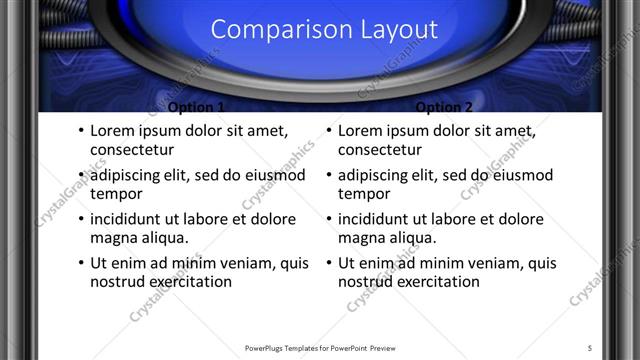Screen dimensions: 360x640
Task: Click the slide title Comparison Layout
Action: tap(324, 29)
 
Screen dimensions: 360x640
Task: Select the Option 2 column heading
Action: tap(443, 107)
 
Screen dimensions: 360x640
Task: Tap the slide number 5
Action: tap(590, 348)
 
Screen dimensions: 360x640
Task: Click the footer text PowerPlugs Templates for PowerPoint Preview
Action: tap(320, 348)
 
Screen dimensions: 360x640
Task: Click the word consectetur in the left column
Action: tap(132, 150)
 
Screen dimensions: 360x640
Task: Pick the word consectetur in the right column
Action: tap(380, 150)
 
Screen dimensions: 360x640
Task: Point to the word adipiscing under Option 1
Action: tap(128, 176)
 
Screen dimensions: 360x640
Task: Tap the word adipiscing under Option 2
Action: tap(376, 176)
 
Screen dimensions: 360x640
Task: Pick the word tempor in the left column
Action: tap(116, 194)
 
